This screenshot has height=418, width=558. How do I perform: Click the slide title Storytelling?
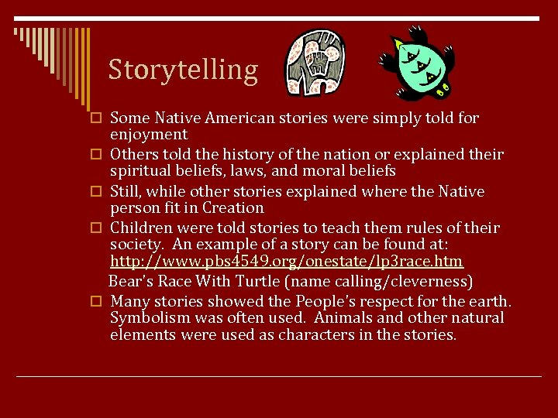[x=183, y=70]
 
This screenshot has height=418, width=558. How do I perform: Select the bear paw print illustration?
[x=316, y=63]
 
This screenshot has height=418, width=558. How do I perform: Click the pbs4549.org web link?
[x=287, y=262]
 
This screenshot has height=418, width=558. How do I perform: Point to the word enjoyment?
[x=149, y=135]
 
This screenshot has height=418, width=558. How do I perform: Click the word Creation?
[x=233, y=207]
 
